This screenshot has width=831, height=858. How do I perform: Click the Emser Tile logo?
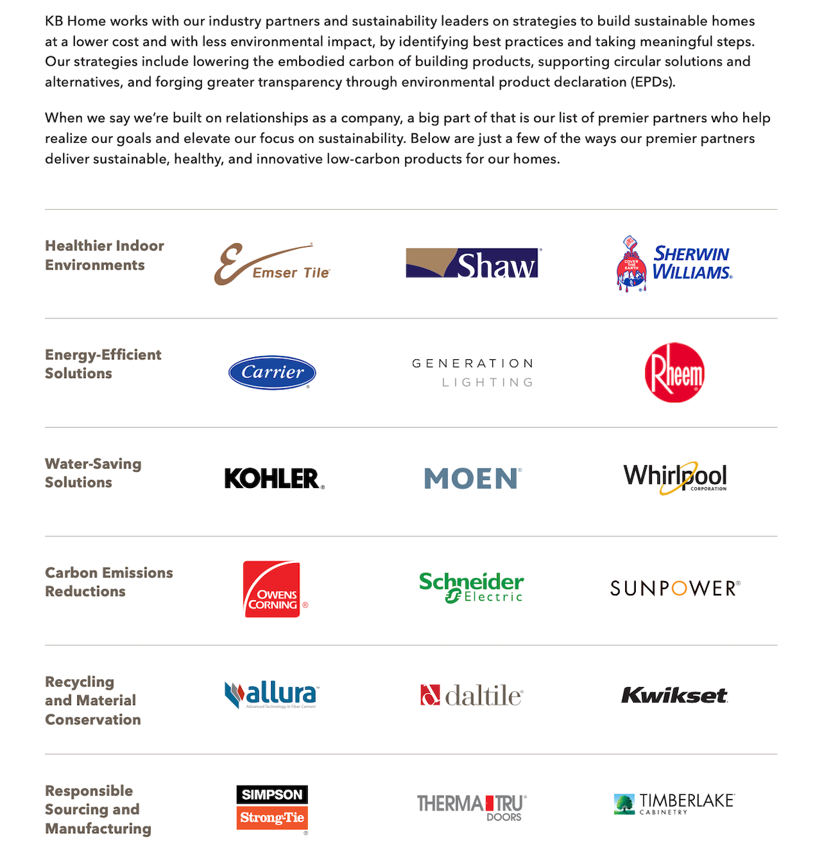click(x=272, y=264)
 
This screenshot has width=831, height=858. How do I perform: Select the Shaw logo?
click(x=472, y=263)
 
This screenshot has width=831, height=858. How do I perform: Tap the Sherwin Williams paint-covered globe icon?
click(x=631, y=265)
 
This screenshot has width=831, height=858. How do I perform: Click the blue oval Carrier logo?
click(x=272, y=373)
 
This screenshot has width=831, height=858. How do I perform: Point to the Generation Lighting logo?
click(x=473, y=373)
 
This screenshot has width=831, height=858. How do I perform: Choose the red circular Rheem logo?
click(x=674, y=373)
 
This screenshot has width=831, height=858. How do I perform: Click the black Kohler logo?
click(x=274, y=479)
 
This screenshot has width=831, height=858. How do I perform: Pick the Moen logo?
click(x=472, y=479)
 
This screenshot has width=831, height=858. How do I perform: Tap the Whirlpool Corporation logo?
click(x=675, y=478)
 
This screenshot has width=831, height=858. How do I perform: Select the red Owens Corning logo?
click(x=272, y=589)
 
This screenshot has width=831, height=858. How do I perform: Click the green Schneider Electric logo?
click(x=472, y=587)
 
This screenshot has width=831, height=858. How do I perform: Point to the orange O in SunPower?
click(x=679, y=589)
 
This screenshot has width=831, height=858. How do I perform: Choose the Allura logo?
click(x=272, y=694)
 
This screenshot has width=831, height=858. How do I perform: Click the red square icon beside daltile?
click(x=430, y=695)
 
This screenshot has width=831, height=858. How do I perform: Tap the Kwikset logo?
click(x=674, y=696)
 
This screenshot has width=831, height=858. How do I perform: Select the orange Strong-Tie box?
click(x=272, y=818)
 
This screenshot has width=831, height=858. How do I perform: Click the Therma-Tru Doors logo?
click(x=472, y=806)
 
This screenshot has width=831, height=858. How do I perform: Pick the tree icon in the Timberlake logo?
click(x=624, y=804)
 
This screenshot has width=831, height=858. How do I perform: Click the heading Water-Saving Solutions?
click(x=93, y=473)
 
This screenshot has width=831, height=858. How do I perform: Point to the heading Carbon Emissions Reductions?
click(x=109, y=582)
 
